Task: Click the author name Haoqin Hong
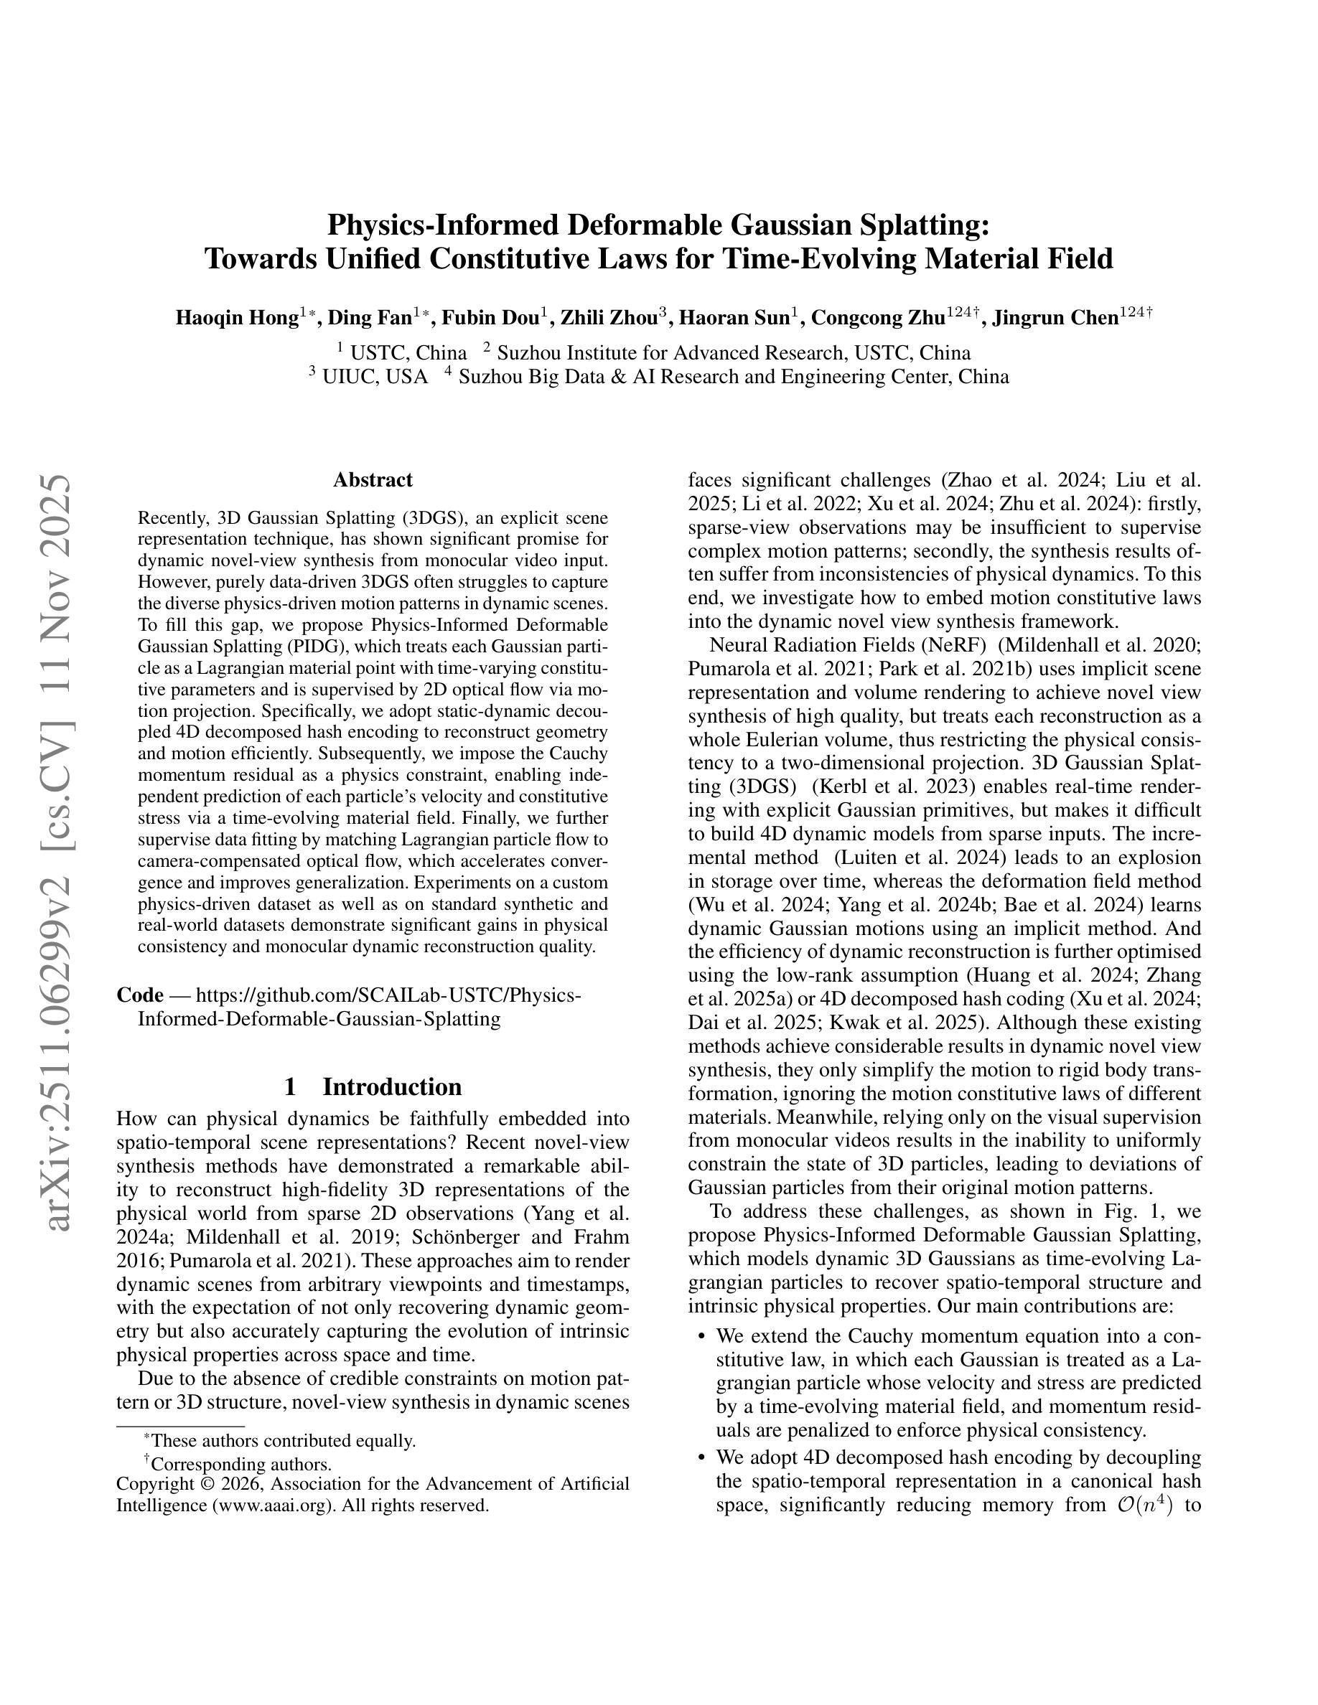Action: coord(237,318)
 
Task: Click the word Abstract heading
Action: coord(373,479)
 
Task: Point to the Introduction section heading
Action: coord(392,1086)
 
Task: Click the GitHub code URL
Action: coord(359,1007)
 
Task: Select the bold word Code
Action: coord(140,995)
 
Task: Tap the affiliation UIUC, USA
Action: coord(375,377)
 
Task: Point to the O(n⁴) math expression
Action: coord(1146,1504)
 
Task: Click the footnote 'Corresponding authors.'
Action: coord(241,1465)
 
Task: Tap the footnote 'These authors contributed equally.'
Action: coord(283,1441)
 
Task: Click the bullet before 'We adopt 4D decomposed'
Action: coord(701,1457)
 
